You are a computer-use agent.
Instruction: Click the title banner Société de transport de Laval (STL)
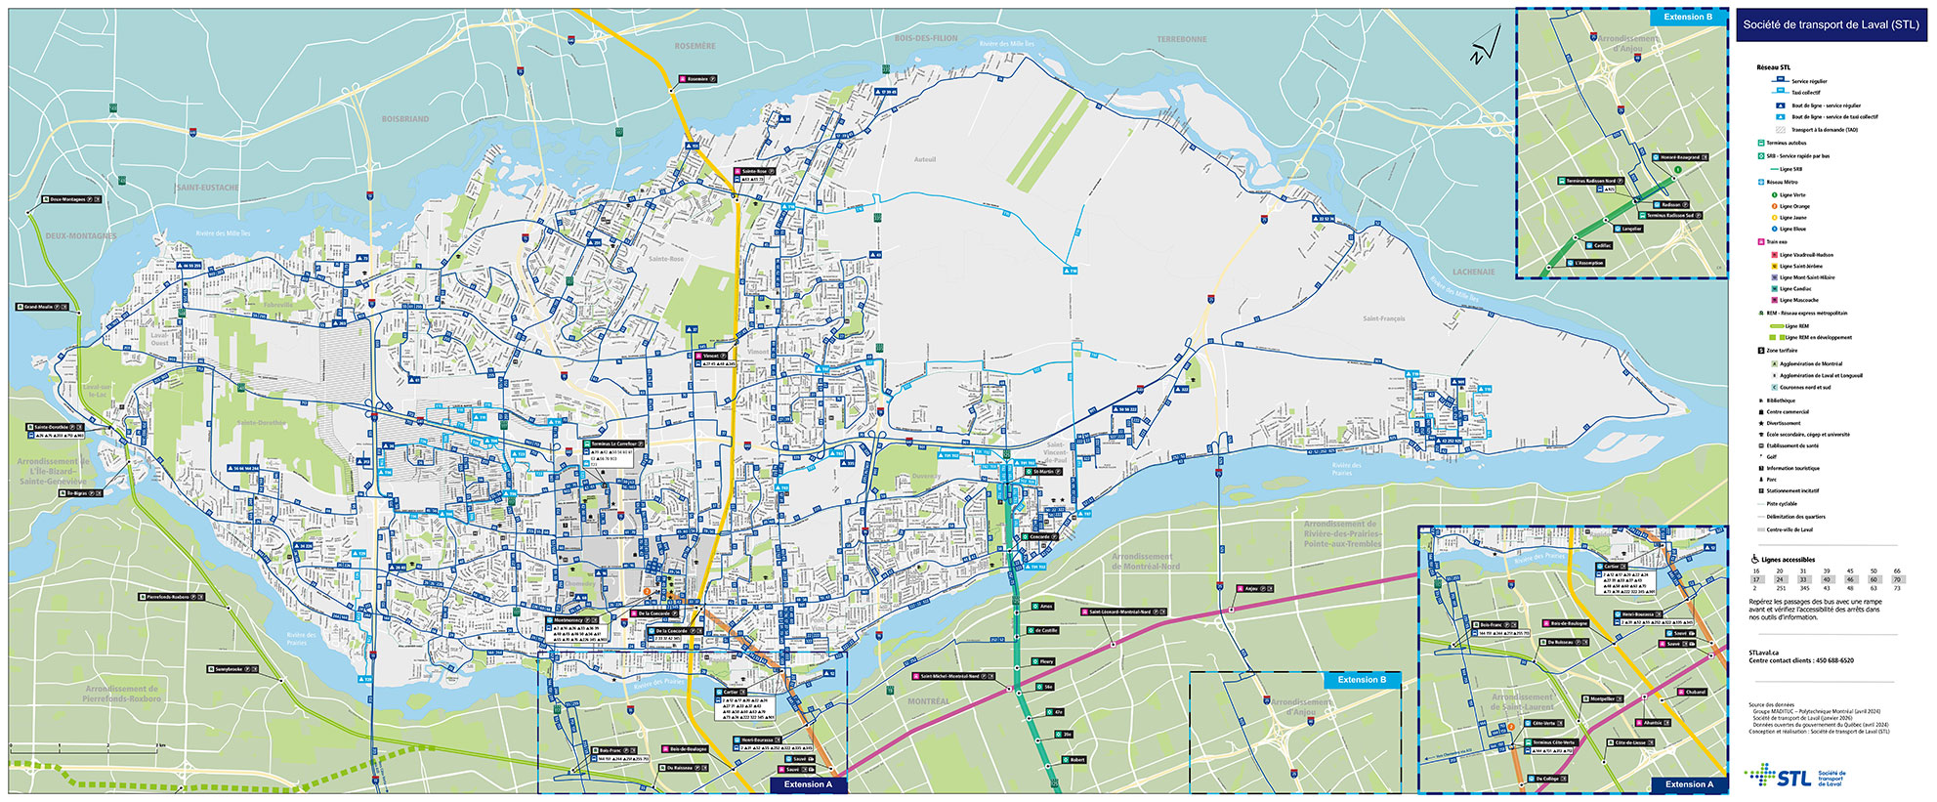(1831, 25)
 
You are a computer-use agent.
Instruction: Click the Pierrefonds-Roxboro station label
(171, 596)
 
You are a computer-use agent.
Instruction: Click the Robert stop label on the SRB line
(1076, 759)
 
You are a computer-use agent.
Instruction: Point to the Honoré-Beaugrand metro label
(1679, 157)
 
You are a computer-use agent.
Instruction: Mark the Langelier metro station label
(1630, 229)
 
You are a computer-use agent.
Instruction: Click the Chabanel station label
(1695, 692)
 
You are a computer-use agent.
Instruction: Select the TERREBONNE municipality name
(1182, 39)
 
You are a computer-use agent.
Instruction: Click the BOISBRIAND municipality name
(404, 119)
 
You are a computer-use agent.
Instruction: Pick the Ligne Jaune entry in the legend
(1792, 218)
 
